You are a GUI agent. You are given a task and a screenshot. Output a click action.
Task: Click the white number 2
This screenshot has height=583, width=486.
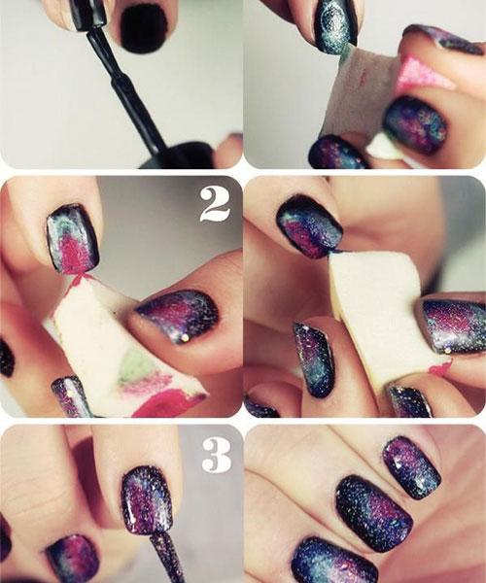[x=215, y=204]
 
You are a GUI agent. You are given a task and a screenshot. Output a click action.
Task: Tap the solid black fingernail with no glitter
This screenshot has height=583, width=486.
[x=144, y=28]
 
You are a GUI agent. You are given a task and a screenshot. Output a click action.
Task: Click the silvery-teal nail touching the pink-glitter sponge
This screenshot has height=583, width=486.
[x=335, y=26]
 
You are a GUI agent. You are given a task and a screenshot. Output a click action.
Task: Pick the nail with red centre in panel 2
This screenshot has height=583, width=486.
[x=73, y=239]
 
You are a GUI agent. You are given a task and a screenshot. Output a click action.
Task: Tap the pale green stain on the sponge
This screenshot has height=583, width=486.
[x=136, y=366]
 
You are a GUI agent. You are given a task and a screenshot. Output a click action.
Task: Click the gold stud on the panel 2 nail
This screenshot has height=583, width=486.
[x=186, y=337]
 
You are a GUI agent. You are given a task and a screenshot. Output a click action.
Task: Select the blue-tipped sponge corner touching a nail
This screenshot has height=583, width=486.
[x=335, y=252]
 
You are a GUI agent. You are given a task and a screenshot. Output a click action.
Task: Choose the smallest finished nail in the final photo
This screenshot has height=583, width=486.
[x=411, y=467]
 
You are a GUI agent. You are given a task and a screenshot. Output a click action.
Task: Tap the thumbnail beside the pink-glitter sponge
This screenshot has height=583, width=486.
[x=415, y=126]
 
